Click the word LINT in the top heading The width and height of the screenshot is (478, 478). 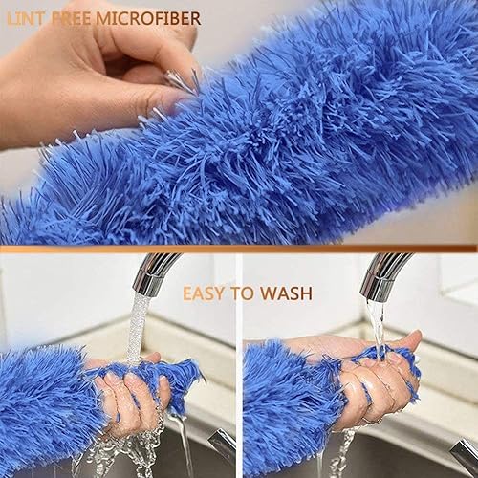pyautogui.click(x=26, y=19)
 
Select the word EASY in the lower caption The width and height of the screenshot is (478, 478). pyautogui.click(x=206, y=293)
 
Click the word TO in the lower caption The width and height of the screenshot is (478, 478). pyautogui.click(x=244, y=293)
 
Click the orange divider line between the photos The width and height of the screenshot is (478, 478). pyautogui.click(x=239, y=249)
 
